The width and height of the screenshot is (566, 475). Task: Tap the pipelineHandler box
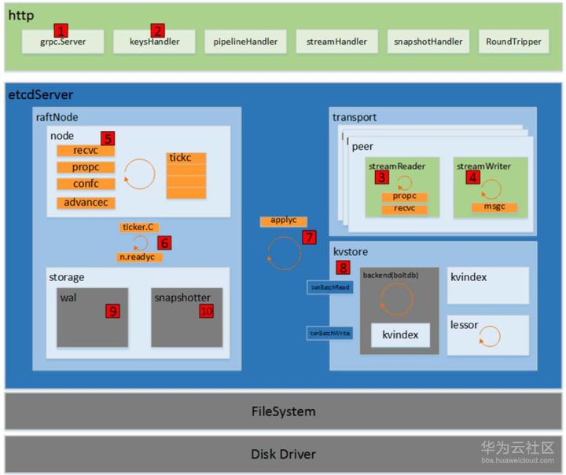coord(244,41)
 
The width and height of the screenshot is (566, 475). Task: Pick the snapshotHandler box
coord(425,41)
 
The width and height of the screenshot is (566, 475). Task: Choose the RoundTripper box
coord(513,41)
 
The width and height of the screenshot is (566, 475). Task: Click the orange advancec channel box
coord(86,203)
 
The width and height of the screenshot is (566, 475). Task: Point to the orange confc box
coord(86,184)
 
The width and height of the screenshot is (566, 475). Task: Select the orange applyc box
coord(283,221)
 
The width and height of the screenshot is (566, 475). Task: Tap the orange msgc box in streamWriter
coord(494,207)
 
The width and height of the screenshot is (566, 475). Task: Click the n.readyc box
coord(140,257)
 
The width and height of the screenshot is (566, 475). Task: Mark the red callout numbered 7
coord(308,236)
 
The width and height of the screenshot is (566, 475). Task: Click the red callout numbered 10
coord(207,311)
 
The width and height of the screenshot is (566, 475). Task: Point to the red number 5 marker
coord(107,138)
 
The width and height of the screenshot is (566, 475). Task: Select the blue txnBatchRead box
coord(329,287)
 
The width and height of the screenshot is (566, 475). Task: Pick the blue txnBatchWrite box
coord(329,334)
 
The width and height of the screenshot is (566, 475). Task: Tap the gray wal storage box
coord(92,317)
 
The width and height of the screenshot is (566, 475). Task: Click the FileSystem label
coord(283,411)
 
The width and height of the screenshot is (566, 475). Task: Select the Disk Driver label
coord(283,454)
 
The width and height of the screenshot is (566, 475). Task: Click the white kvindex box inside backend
coord(400,335)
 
